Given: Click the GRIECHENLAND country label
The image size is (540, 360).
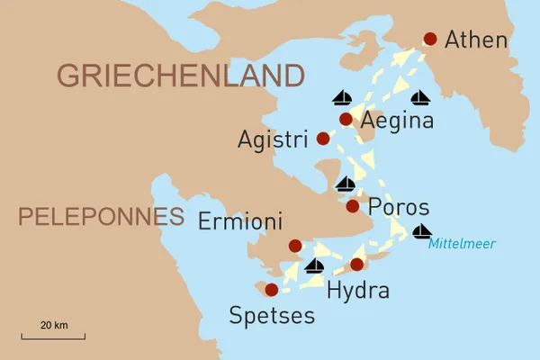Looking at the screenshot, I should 181,74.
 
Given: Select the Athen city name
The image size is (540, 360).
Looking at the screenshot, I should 476,40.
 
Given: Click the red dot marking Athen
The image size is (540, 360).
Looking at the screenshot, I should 430,39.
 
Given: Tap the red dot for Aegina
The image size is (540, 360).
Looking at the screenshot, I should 346,119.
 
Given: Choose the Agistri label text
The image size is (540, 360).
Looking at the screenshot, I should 274,139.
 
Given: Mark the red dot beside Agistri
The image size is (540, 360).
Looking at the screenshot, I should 323,139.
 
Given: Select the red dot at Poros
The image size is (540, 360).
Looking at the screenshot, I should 352,206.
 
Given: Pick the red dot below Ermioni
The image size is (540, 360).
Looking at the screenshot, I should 295,246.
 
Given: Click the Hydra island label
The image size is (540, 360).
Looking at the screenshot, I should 358,290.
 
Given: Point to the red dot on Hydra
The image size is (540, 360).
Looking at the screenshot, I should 356,264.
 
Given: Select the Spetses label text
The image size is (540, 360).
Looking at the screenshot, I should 272,315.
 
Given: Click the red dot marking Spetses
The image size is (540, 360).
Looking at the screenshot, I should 271,289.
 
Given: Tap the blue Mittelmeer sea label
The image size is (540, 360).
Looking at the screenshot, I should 462,243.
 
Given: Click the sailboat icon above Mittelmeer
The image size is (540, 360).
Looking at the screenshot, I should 421,231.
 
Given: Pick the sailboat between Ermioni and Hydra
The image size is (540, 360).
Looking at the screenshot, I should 314,265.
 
